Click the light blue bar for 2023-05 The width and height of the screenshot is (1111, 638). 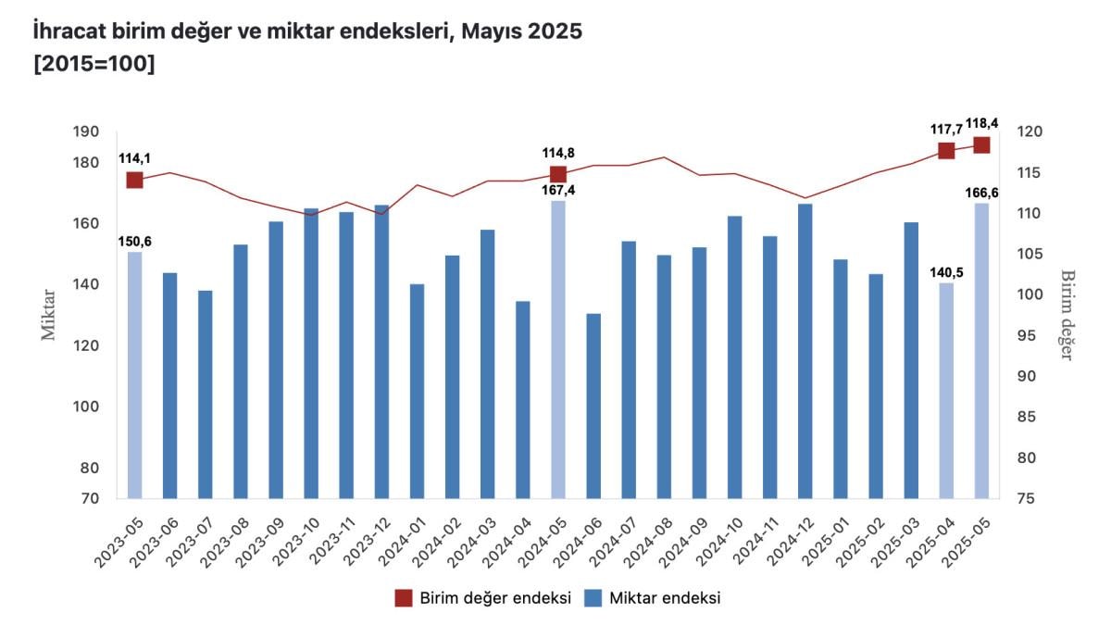[x=135, y=374]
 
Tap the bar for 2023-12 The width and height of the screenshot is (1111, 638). [x=381, y=351]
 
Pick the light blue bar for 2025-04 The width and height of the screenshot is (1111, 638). [x=946, y=390]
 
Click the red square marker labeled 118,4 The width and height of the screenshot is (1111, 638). [x=981, y=144]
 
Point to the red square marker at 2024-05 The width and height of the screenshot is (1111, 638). [x=558, y=174]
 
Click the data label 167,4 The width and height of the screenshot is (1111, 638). [x=558, y=190]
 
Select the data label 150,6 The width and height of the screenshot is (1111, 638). [x=134, y=242]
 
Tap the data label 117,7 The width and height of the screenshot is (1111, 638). [x=946, y=131]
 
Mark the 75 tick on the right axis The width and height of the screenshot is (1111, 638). [x=1029, y=499]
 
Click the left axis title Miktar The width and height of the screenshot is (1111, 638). [x=49, y=315]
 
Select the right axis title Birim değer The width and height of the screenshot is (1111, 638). [x=1067, y=315]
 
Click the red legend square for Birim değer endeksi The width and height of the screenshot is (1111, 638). [x=403, y=597]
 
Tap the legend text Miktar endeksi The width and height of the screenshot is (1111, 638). [x=665, y=597]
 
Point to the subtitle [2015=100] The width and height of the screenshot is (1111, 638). [x=94, y=65]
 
